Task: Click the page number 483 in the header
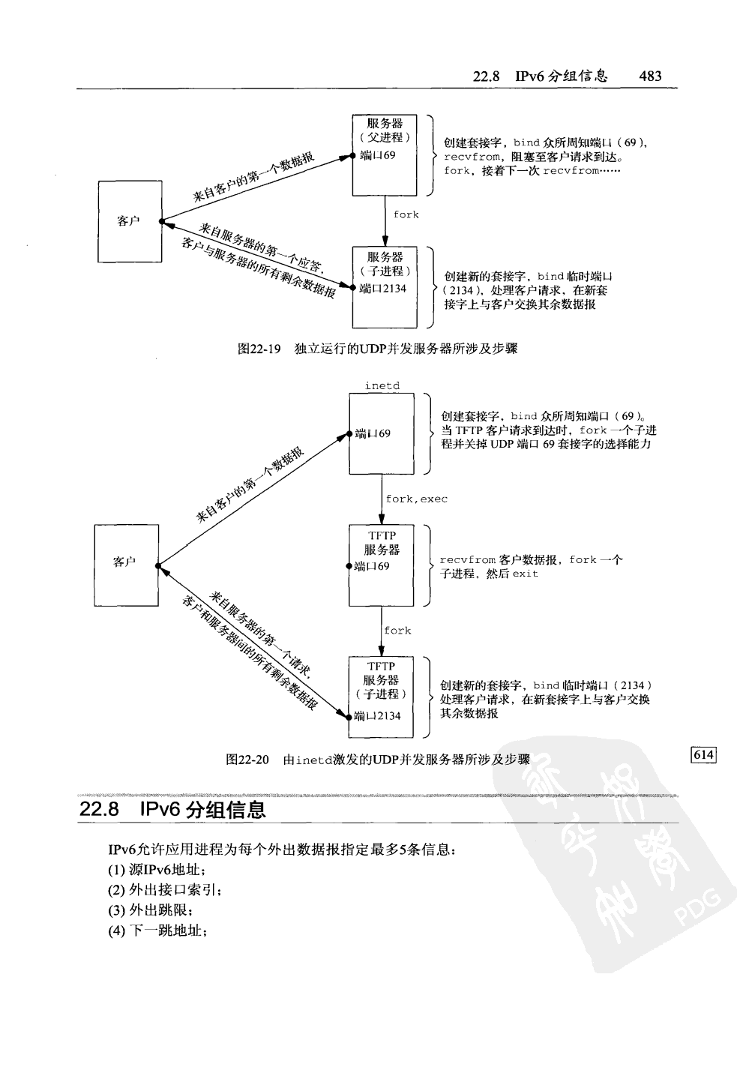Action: pos(649,76)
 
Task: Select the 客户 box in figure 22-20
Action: pos(125,562)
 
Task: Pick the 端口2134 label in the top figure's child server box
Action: pos(383,289)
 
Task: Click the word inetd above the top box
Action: pos(382,385)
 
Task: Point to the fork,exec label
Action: pos(416,499)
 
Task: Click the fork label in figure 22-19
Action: pos(406,214)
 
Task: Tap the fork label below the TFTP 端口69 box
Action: pos(397,631)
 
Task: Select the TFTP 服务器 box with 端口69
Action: pos(382,565)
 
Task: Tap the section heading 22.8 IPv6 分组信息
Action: pos(172,810)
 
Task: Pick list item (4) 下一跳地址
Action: pos(157,931)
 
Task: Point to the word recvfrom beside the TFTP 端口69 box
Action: pos(467,560)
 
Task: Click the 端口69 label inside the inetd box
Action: pos(373,433)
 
